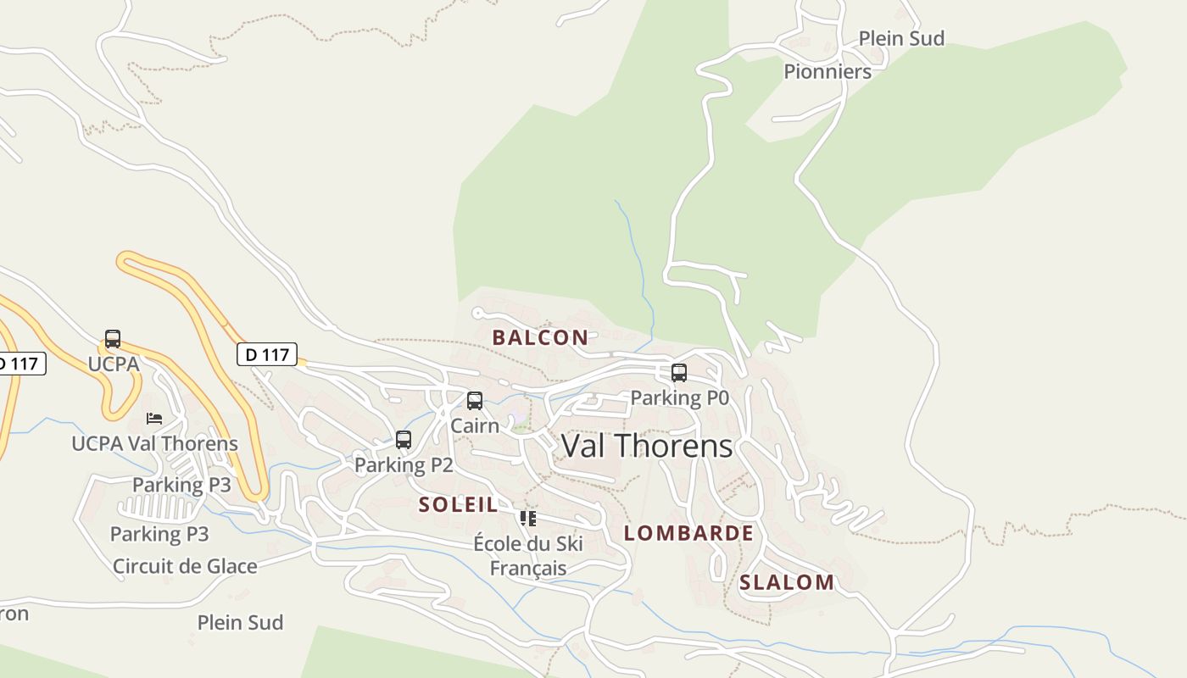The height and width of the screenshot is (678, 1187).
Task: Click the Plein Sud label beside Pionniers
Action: (901, 38)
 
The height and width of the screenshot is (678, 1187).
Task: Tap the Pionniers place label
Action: (827, 71)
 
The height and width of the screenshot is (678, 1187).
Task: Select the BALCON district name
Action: (540, 337)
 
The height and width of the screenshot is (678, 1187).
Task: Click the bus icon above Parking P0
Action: (678, 373)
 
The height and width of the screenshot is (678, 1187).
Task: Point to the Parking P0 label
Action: (679, 397)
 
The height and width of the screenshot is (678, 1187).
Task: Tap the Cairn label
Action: (475, 425)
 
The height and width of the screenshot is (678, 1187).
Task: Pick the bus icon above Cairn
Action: (475, 401)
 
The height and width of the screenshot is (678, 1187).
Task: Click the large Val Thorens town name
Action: (647, 446)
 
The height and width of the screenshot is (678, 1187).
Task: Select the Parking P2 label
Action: (404, 464)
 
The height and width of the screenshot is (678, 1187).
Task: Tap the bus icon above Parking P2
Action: (404, 440)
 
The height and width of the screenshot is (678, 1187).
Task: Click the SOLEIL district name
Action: (458, 505)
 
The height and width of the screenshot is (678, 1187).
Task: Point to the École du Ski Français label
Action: (528, 555)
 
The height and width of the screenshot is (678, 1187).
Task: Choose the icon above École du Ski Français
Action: (528, 519)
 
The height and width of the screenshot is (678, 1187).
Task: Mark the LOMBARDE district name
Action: (688, 533)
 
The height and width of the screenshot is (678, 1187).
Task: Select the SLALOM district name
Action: (786, 582)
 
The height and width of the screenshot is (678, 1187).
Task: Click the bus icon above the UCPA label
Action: (113, 339)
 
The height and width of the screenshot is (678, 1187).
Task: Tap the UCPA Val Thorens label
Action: (154, 443)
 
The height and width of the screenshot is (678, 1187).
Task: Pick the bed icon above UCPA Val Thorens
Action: (154, 419)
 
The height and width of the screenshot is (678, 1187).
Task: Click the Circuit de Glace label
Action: (185, 566)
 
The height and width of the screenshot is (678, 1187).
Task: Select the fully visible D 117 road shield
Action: (267, 354)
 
